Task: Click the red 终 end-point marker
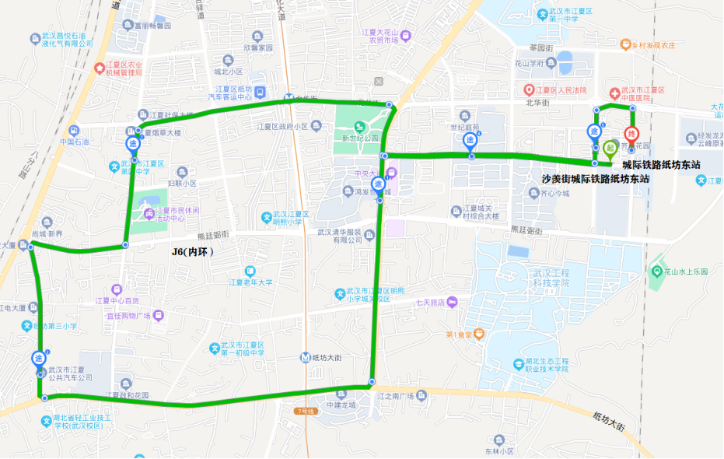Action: pos(631,134)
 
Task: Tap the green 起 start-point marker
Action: pos(610,148)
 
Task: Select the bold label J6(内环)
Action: pos(192,252)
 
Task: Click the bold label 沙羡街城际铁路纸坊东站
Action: pos(595,179)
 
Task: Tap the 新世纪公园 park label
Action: pos(359,138)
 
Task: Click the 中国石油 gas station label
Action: pos(75,142)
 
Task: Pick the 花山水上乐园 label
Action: pos(685,272)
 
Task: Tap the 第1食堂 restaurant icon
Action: pos(479,335)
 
